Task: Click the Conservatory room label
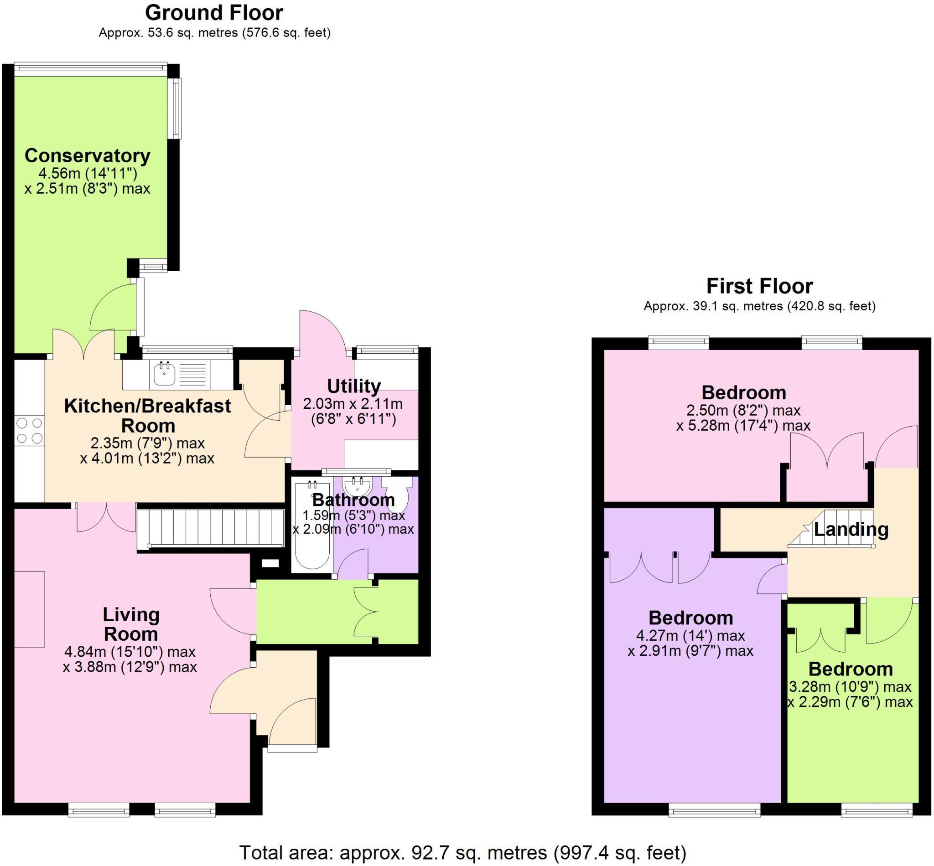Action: click(87, 155)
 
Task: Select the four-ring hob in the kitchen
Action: click(29, 431)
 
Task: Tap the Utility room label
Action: click(353, 386)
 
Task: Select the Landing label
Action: click(851, 529)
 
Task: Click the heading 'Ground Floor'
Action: click(214, 13)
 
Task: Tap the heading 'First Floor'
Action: click(759, 286)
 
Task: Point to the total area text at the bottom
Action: click(463, 852)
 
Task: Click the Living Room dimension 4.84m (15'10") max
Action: click(130, 651)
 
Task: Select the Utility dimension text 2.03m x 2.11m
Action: click(353, 403)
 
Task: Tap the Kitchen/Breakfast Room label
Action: click(148, 415)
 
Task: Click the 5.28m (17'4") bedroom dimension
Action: click(743, 426)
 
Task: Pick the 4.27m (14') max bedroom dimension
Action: click(690, 635)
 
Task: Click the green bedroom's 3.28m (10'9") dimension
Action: click(850, 687)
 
